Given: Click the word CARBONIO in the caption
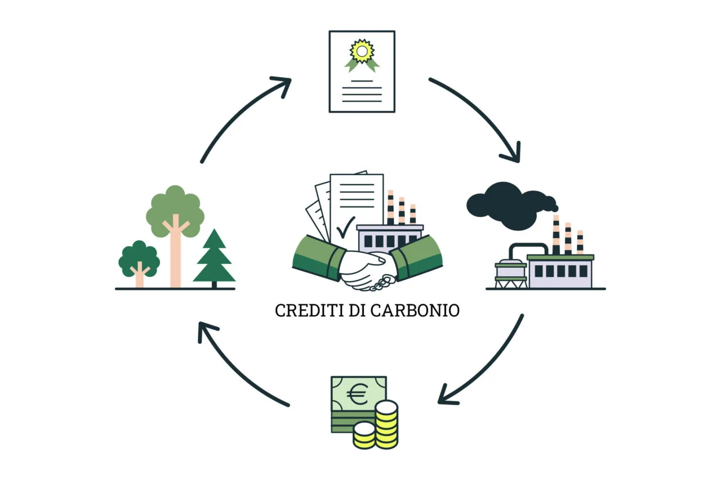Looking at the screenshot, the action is point(415,311).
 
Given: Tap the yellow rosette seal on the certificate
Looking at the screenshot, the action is point(362,51).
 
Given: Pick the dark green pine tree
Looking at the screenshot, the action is point(215,258).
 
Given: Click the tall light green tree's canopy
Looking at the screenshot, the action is point(175,211).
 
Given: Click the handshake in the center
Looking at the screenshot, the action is point(367,271).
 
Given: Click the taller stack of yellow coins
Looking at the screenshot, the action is point(386,424).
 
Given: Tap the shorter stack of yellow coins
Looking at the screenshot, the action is point(364,436).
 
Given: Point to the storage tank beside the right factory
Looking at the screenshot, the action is point(511,273).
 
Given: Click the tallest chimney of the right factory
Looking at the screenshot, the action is point(556,235).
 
